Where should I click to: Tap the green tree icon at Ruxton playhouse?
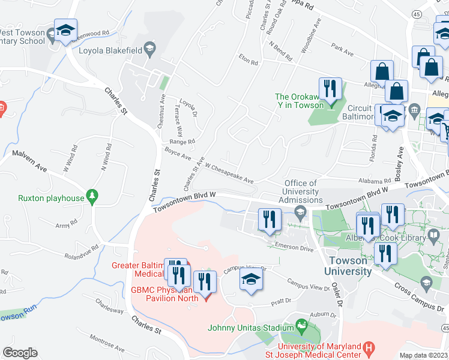pyautogui.click(x=92, y=196)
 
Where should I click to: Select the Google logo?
pyautogui.click(x=20, y=353)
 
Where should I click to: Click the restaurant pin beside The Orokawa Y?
pyautogui.click(x=329, y=89)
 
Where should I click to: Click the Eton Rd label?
pyautogui.click(x=248, y=61)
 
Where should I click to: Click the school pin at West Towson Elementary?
pyautogui.click(x=65, y=31)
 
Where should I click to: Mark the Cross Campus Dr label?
pyautogui.click(x=420, y=298)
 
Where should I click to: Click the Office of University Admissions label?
pyautogui.click(x=300, y=191)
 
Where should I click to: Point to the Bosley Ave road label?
pyautogui.click(x=399, y=165)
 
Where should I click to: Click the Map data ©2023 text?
pyautogui.click(x=423, y=355)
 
